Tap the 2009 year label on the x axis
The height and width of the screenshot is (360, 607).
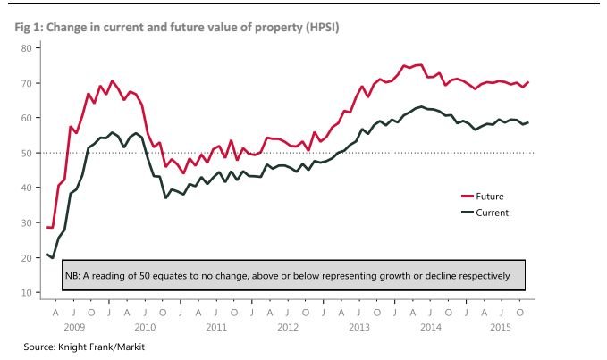(75, 326)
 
